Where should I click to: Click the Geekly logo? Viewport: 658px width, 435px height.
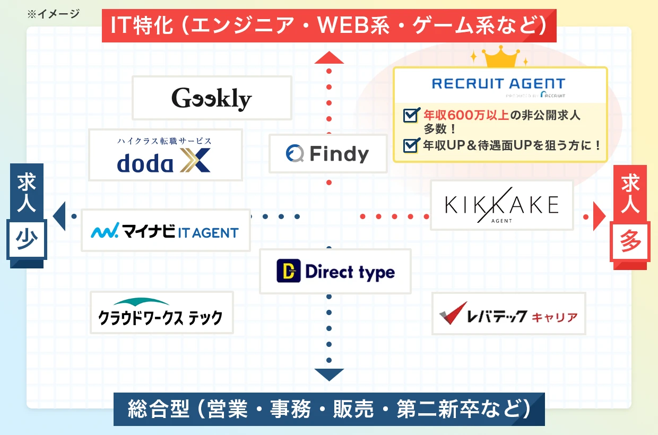coord(212,98)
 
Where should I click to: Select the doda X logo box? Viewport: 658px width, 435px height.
coord(165,155)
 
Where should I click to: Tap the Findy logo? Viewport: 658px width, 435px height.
coord(328,154)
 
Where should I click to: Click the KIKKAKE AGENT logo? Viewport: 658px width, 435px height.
coord(501,205)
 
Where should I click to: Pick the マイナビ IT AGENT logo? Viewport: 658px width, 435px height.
coord(165,231)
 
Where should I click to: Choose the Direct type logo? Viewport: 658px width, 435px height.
coord(335,272)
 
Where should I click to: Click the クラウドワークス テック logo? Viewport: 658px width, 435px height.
coord(161,313)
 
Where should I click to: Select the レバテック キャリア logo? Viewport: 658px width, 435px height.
coord(508,314)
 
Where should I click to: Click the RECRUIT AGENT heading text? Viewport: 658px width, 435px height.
coord(498,84)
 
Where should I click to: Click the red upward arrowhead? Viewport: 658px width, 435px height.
coord(329,57)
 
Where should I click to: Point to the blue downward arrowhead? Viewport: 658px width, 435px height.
coord(329,375)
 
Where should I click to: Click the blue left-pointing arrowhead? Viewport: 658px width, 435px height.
coord(59,216)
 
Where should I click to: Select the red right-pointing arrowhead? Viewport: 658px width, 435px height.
coord(599,216)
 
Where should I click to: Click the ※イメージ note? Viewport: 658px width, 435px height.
coord(53,14)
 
